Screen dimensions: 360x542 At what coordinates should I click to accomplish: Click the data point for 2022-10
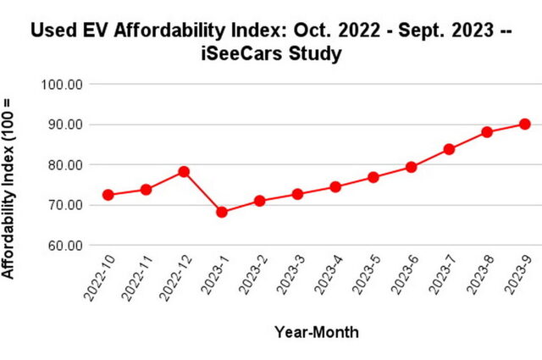108,195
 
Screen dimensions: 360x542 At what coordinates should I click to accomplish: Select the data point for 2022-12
184,172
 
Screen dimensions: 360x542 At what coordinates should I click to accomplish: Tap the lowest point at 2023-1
222,212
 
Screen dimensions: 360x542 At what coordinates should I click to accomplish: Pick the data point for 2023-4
335,186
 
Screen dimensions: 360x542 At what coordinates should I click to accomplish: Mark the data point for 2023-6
411,167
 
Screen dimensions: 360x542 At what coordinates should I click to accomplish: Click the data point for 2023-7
449,149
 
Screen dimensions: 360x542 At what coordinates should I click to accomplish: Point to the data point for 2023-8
487,132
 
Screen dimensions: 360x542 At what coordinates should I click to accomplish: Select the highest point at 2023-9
525,124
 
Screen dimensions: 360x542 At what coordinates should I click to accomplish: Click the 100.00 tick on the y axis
62,85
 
